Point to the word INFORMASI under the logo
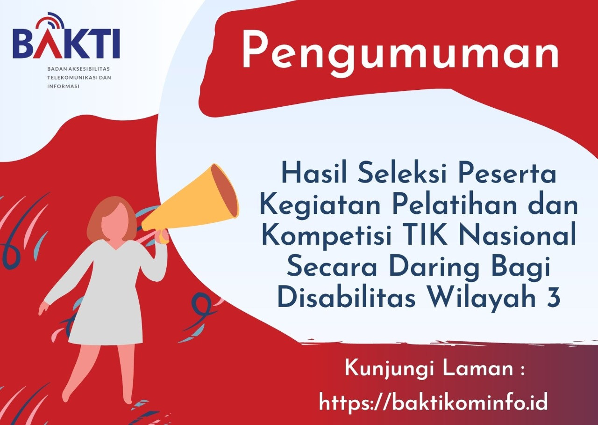64,86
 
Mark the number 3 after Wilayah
554,299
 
